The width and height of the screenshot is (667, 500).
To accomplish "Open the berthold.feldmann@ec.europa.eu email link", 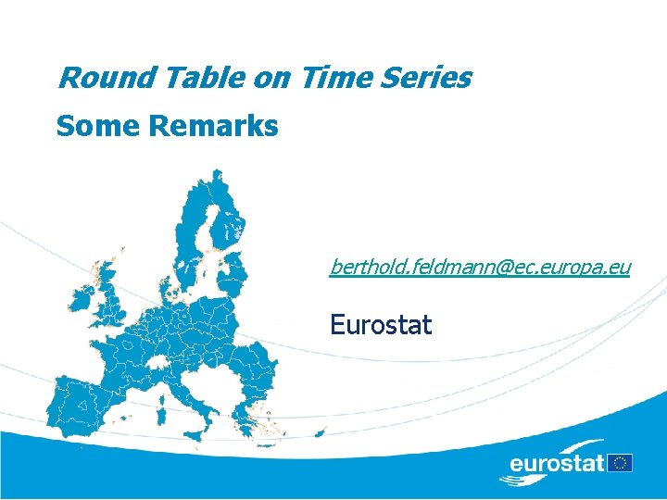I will click(480, 268).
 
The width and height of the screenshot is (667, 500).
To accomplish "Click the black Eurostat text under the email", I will click(381, 325).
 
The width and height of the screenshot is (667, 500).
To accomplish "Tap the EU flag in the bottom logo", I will click(621, 462).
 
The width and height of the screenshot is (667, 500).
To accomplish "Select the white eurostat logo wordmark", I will click(556, 462).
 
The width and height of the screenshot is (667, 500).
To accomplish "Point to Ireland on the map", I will click(81, 299).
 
